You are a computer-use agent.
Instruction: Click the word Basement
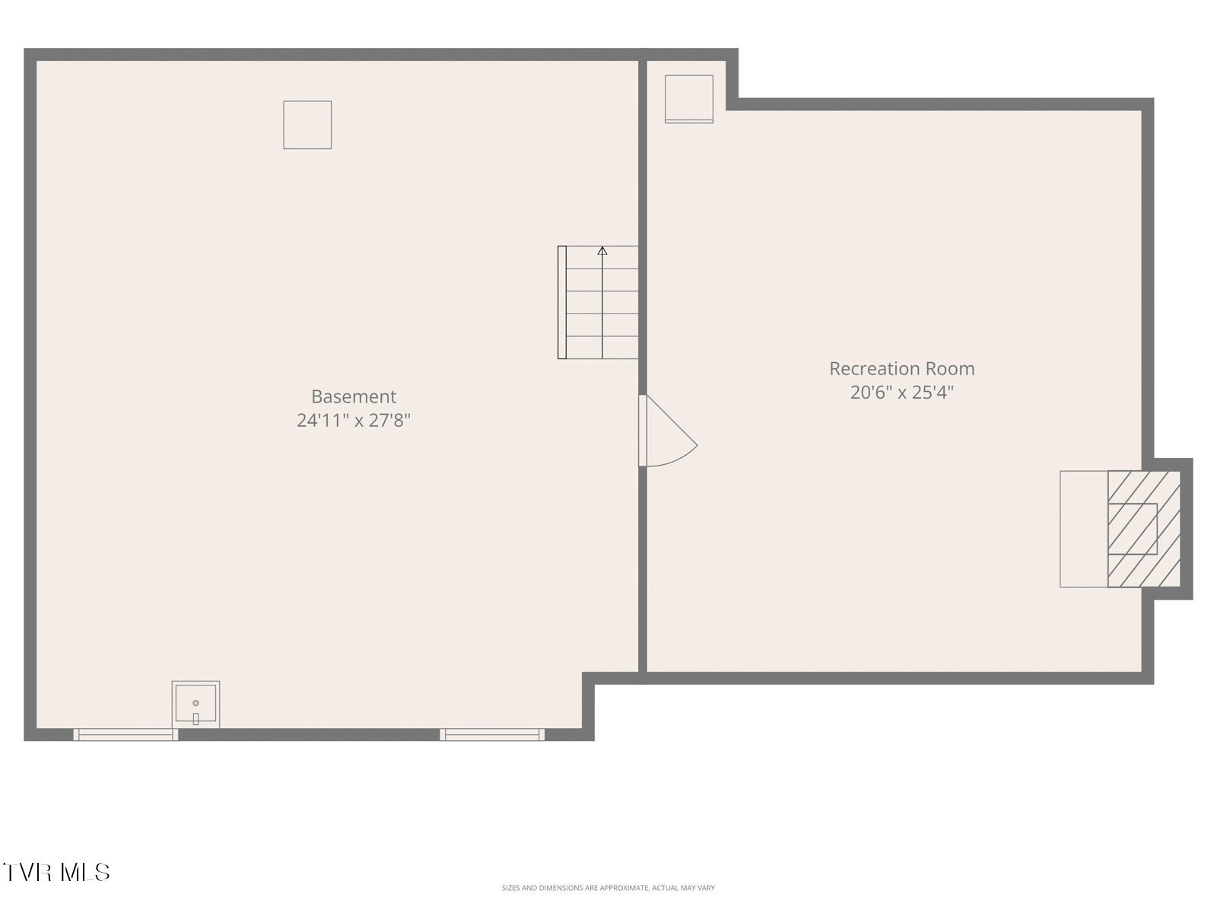(x=354, y=396)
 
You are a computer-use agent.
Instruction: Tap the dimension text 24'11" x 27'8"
(x=354, y=420)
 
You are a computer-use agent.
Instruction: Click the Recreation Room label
(x=901, y=368)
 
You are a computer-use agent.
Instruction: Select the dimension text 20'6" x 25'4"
(x=901, y=393)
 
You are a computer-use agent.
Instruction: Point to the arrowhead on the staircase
(x=602, y=250)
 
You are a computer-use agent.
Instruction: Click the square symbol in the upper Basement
(x=307, y=125)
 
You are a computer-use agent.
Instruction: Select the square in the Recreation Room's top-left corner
(x=689, y=98)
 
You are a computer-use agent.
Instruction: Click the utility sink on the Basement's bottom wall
(x=195, y=704)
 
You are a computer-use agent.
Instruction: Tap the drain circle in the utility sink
(x=195, y=703)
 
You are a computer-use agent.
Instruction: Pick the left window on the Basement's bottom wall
(x=126, y=734)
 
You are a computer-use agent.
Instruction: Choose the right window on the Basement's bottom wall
(x=492, y=734)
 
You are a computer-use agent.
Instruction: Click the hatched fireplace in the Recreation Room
(x=1143, y=529)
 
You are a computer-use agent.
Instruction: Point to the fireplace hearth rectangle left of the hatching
(x=1084, y=529)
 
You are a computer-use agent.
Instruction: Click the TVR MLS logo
(x=57, y=872)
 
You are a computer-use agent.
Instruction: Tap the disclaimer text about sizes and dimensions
(x=608, y=888)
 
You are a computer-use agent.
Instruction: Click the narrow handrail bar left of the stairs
(x=562, y=302)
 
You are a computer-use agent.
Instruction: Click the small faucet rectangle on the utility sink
(x=195, y=718)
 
